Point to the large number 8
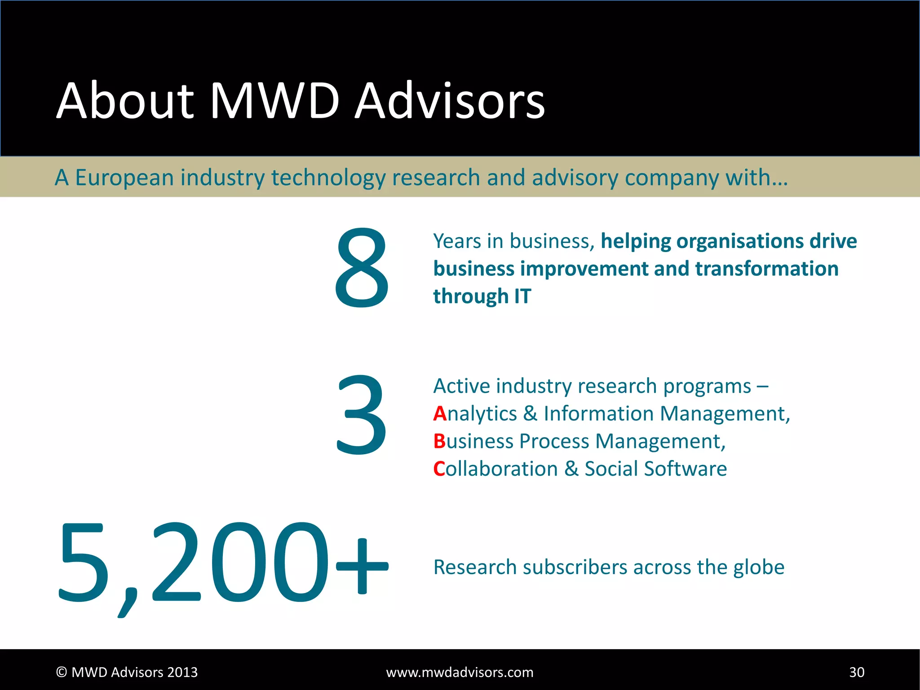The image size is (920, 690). pos(362,268)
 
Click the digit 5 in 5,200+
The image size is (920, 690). pos(84,562)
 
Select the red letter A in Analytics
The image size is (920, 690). pos(440,414)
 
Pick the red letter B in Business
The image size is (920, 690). pos(439,442)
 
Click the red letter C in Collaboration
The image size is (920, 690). pos(439,469)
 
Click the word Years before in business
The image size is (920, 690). pos(457,242)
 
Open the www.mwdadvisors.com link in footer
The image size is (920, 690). pos(460,672)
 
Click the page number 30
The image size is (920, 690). pos(856,672)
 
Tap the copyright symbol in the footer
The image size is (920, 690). pos(62,672)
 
